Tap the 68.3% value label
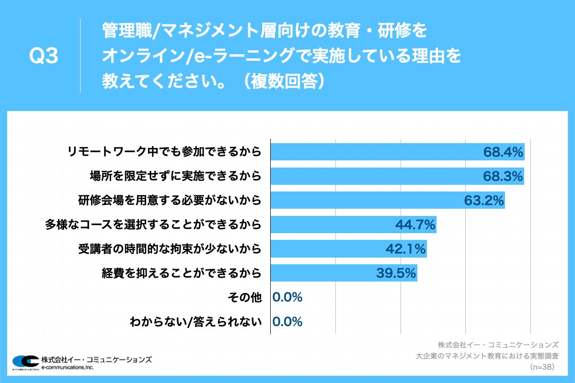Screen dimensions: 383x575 [x=502, y=177]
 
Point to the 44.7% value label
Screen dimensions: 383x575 [x=415, y=225]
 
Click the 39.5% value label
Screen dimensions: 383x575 [x=396, y=273]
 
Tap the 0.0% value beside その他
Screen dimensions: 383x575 [x=287, y=297]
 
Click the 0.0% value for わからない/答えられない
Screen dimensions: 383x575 [x=287, y=322]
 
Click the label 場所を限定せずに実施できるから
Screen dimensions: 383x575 [x=175, y=177]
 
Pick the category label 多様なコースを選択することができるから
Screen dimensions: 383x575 [x=153, y=225]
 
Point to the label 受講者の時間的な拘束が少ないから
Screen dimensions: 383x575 [x=170, y=249]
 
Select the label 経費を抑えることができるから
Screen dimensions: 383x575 [x=182, y=273]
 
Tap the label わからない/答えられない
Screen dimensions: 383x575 [x=196, y=322]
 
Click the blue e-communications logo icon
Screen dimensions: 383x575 [x=25, y=361]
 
